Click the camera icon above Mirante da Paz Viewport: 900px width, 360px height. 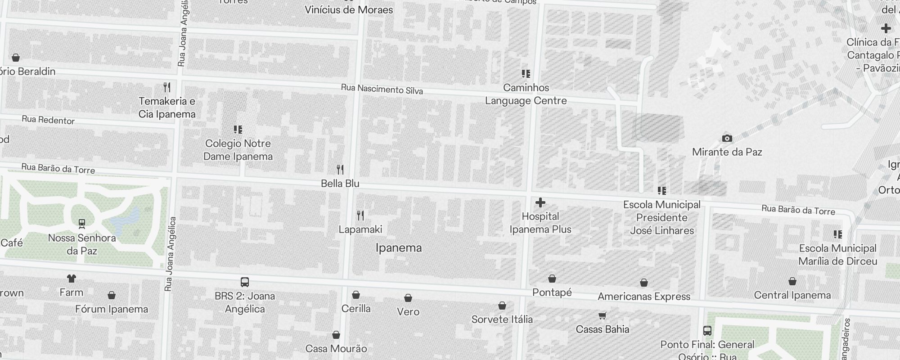(727, 138)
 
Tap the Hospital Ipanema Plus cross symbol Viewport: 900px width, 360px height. (540, 203)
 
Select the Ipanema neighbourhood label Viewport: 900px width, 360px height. (398, 248)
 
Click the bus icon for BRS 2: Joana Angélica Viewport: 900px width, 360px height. (244, 282)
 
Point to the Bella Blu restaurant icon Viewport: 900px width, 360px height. (340, 170)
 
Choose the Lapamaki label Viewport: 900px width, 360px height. (360, 229)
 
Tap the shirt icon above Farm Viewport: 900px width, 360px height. (71, 279)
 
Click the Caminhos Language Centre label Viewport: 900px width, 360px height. (526, 94)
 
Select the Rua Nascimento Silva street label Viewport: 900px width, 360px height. (382, 89)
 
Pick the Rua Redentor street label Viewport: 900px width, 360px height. (48, 120)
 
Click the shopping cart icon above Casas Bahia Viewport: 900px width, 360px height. (602, 315)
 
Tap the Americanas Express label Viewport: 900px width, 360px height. (643, 297)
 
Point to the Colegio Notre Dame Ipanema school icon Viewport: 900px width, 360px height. (238, 130)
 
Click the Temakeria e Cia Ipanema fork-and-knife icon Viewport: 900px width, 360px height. (166, 87)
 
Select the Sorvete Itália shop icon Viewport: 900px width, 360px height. (502, 306)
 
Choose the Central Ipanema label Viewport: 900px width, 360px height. (792, 295)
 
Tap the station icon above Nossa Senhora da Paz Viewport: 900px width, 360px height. (82, 224)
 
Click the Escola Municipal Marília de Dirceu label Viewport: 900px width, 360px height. (837, 255)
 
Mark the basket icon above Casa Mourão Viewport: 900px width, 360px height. (336, 335)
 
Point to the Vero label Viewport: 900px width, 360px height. (408, 311)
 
